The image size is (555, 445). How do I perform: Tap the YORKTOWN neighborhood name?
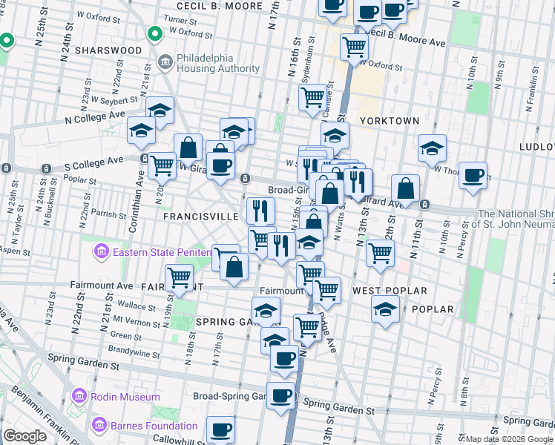(390, 120)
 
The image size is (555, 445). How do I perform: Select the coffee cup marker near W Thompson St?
(473, 176)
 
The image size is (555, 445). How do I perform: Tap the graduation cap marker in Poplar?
(385, 309)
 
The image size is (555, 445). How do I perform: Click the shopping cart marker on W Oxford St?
(354, 47)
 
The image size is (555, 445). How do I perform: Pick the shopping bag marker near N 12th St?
(405, 188)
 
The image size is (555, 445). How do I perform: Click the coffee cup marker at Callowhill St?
(220, 429)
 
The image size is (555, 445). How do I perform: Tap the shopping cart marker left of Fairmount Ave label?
(179, 277)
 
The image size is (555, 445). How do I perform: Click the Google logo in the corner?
(24, 436)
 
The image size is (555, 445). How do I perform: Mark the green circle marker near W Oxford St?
(154, 33)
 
